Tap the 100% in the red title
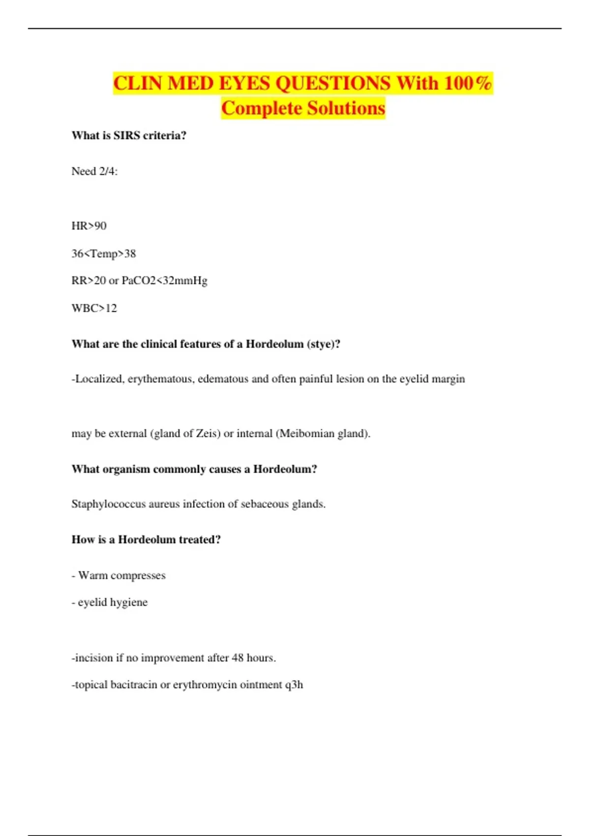coord(468,83)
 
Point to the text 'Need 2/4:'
coord(94,172)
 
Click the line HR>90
coord(89,226)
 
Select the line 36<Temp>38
coord(104,254)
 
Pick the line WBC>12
coord(94,308)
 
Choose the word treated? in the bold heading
coord(200,540)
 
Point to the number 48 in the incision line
coord(237,658)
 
